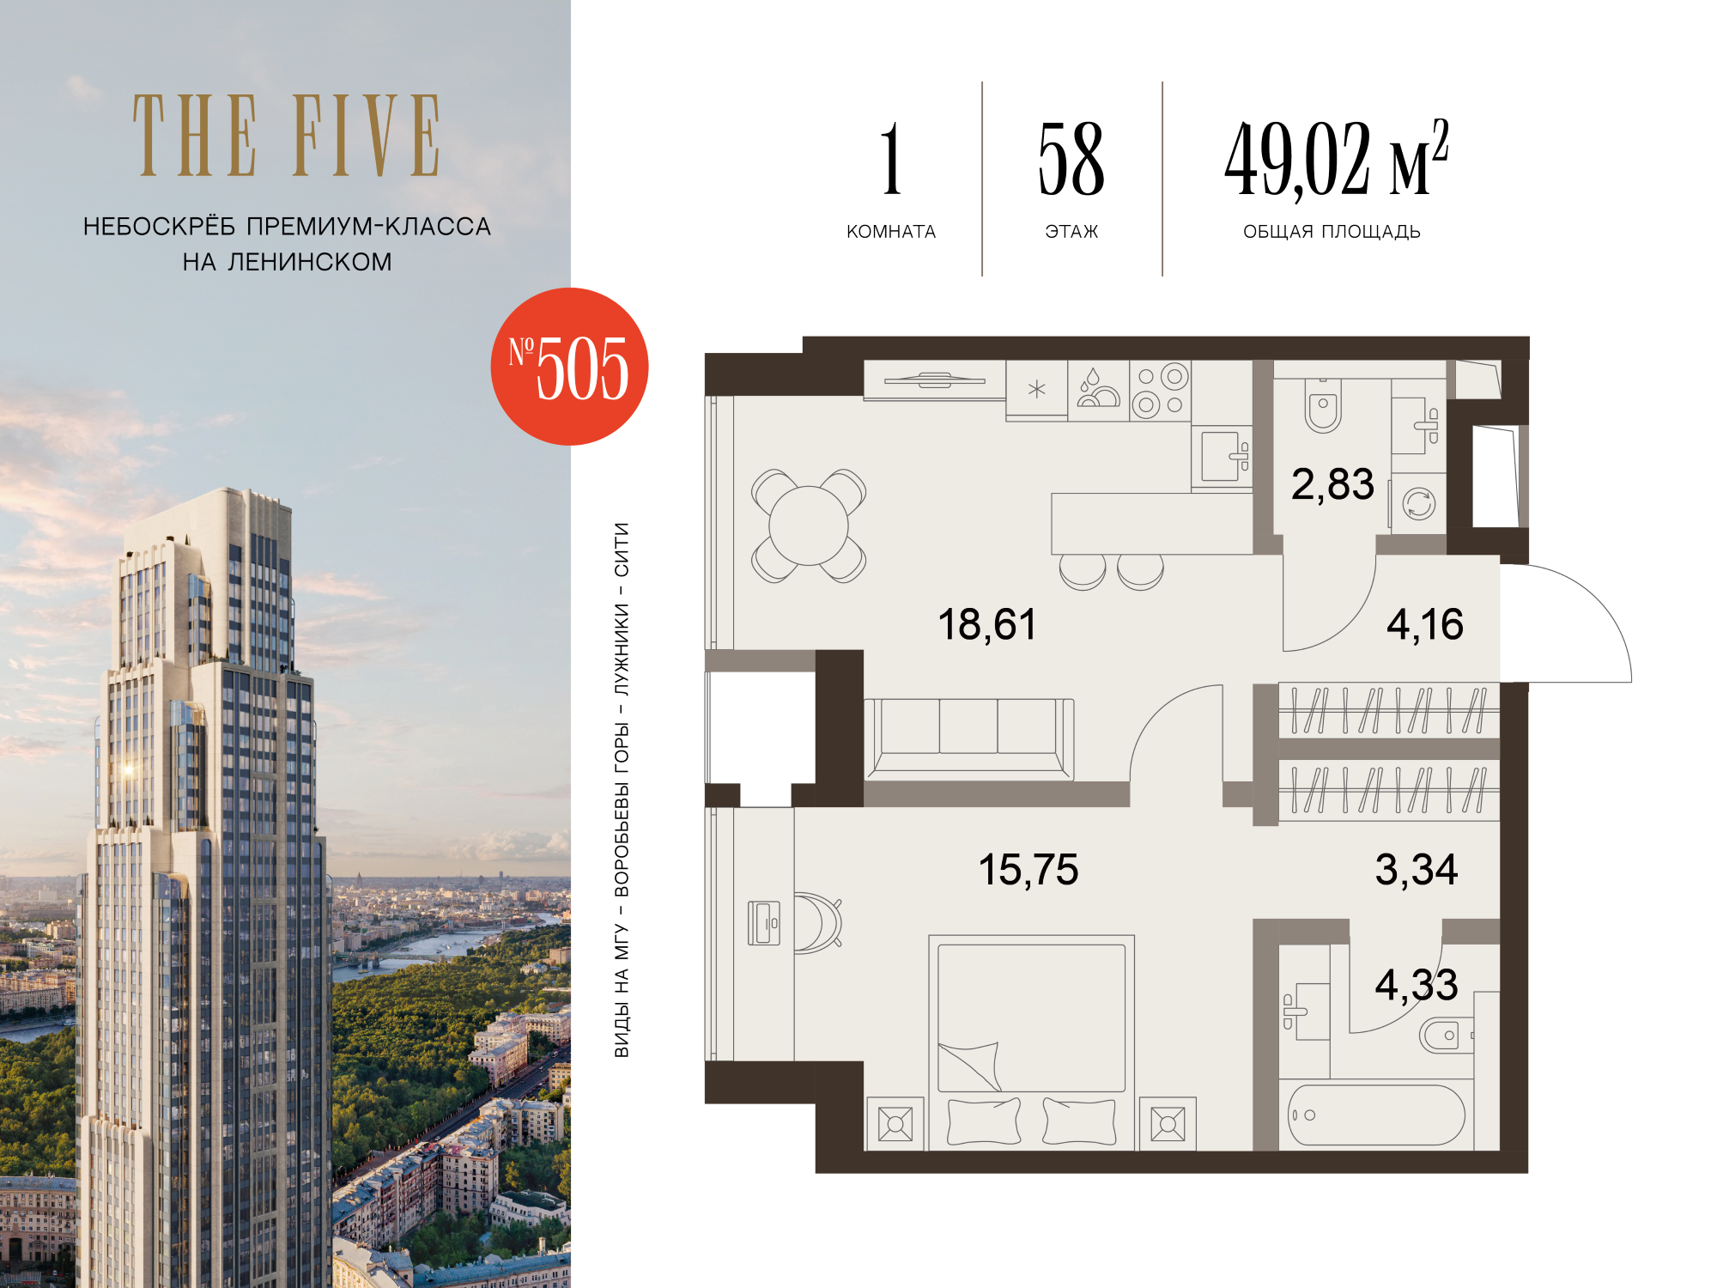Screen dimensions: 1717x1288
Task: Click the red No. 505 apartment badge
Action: [569, 367]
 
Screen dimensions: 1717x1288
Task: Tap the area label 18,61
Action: [987, 625]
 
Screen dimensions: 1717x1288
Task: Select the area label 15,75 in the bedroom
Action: [1028, 870]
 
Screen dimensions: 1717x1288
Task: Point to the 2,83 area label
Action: [1332, 485]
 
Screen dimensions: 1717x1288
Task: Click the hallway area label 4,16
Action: [1425, 625]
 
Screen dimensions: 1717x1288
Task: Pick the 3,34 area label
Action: [1417, 870]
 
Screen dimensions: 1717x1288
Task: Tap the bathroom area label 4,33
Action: [1417, 985]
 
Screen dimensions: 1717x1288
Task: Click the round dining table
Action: [809, 526]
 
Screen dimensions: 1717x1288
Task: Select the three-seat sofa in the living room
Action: [969, 738]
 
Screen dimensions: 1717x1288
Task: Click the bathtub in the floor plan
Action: [1376, 1115]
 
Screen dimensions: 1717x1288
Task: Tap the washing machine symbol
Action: [1419, 503]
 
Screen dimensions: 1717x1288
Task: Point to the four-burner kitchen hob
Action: [1161, 391]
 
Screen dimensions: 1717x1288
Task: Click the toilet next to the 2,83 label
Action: [1323, 405]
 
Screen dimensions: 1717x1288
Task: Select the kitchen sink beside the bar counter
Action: [1222, 456]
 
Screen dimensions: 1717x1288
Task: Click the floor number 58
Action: [1071, 159]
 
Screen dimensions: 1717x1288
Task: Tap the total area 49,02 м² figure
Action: [1337, 159]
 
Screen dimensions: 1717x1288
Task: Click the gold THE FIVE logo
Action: [287, 136]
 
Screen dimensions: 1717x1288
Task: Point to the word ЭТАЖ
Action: [1071, 232]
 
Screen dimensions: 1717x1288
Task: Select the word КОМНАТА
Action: [891, 232]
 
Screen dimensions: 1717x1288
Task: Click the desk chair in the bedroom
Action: [816, 923]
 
